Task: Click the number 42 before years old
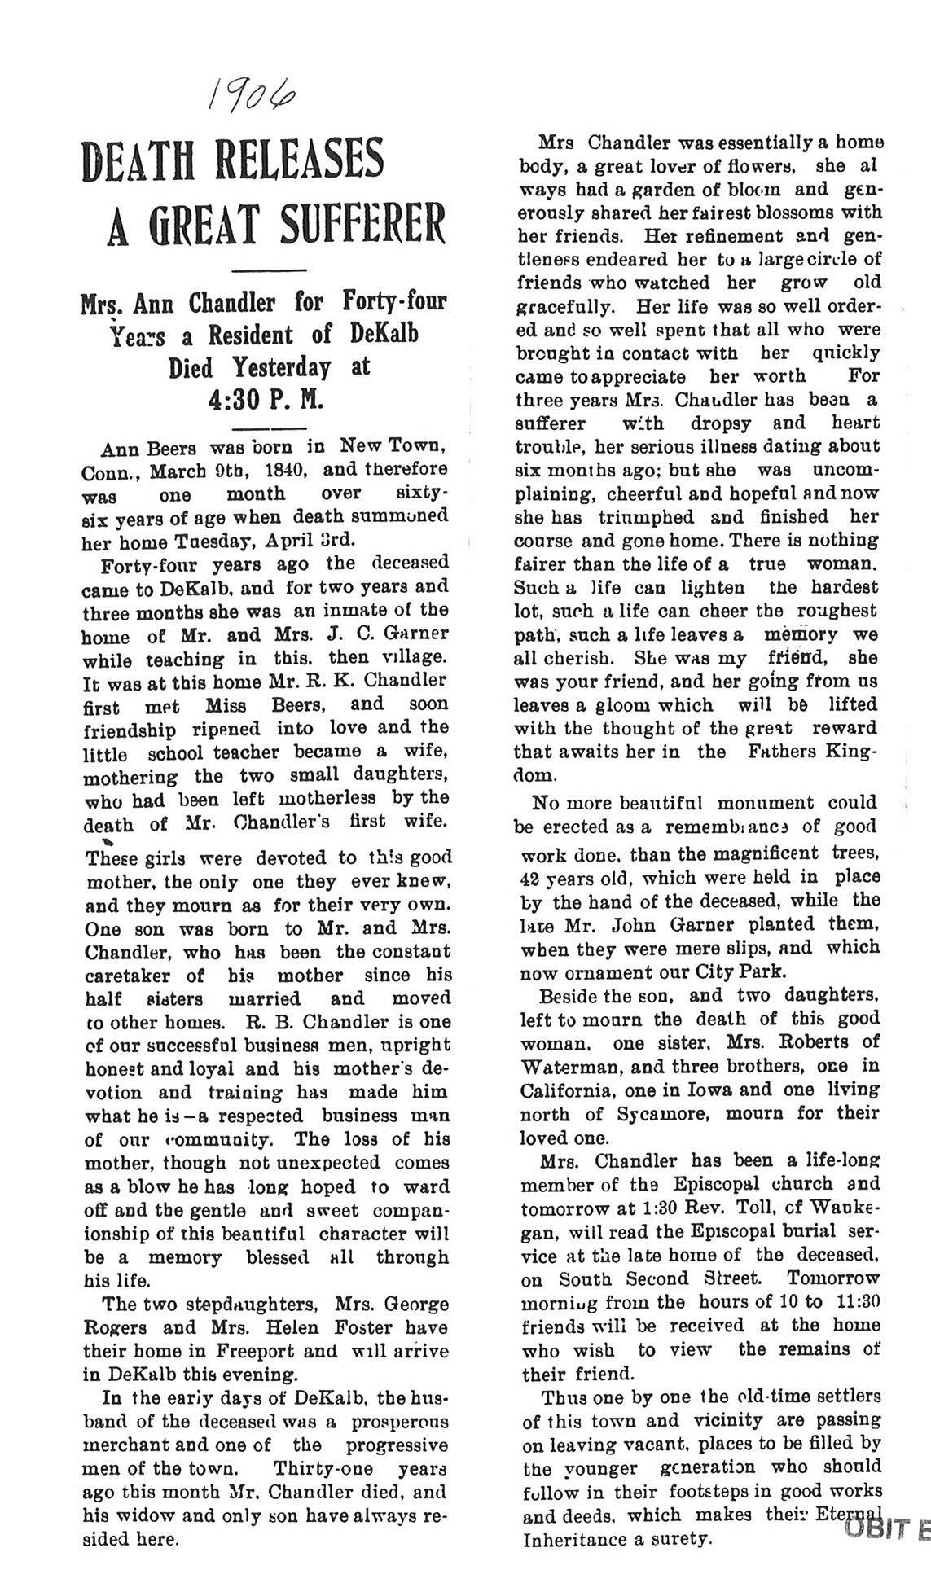point(531,878)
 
